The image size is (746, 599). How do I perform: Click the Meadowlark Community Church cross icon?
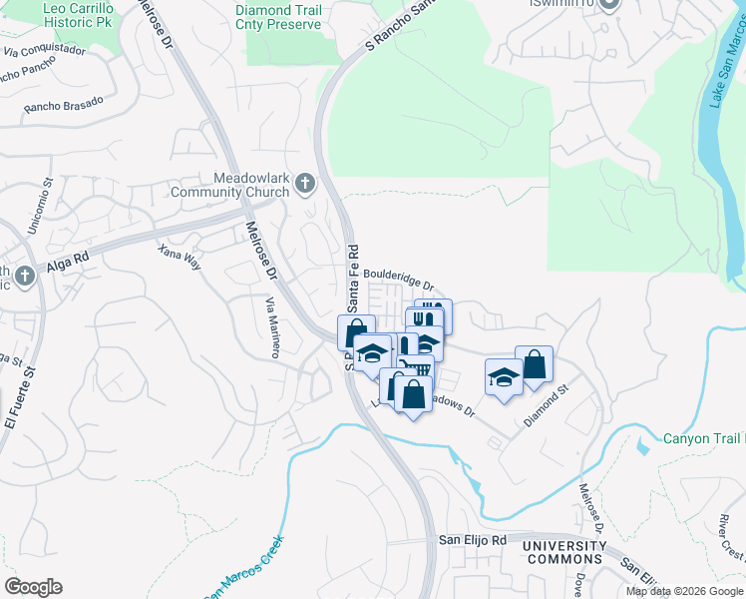305,184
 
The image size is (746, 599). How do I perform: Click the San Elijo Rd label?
474,540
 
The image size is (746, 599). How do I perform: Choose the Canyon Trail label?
704,438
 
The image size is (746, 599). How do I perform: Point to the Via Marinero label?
272,326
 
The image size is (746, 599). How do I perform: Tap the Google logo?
33,587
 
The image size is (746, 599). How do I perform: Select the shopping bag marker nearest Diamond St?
534,364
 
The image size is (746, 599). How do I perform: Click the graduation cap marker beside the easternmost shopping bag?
504,377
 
